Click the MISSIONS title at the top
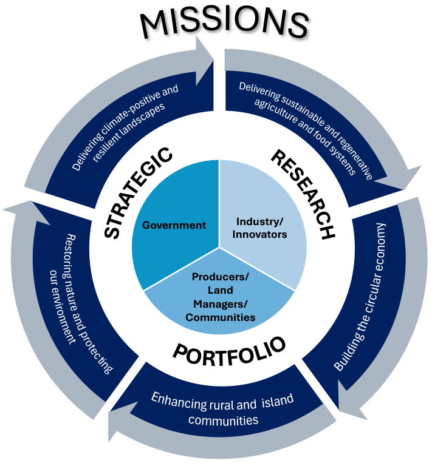(224, 23)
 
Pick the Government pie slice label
(174, 225)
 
